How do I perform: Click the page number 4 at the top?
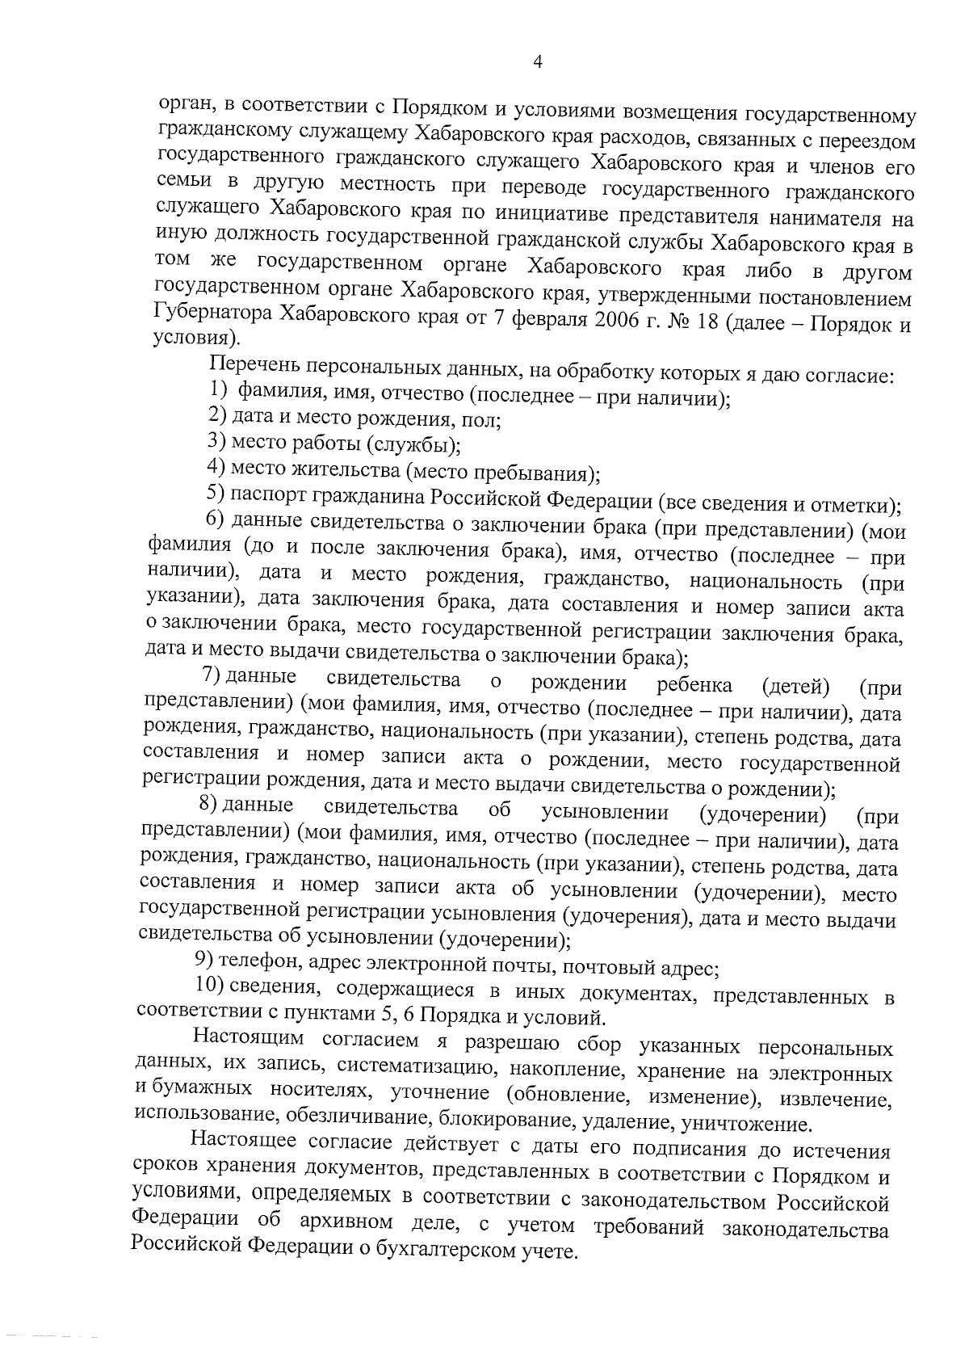click(538, 63)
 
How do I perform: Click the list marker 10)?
click(210, 986)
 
